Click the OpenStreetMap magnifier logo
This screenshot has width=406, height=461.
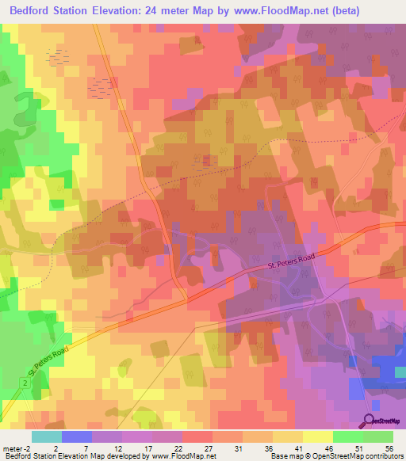click(370, 421)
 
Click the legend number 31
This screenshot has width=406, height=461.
click(238, 448)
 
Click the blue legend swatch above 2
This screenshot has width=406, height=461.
click(76, 436)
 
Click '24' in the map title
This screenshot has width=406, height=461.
click(153, 11)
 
